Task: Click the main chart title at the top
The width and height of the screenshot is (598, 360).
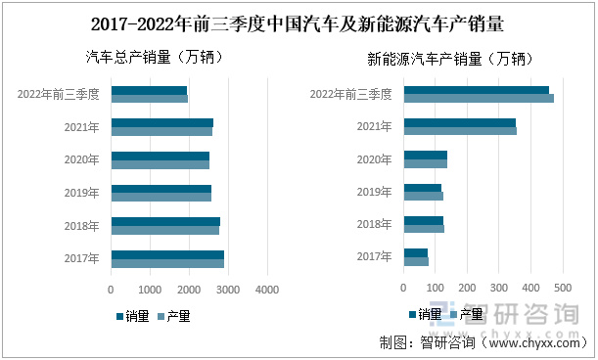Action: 299,22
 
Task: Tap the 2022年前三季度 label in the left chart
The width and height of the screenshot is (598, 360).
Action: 59,94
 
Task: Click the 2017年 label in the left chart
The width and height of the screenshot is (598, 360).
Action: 81,259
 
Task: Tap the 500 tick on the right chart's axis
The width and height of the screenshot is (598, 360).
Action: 563,289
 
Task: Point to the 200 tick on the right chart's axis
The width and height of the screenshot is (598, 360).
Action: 467,289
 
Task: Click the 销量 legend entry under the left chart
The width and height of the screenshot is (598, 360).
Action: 132,316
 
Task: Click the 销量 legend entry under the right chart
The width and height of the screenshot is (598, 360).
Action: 424,314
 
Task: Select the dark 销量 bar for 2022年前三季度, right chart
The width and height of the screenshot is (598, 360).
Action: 477,90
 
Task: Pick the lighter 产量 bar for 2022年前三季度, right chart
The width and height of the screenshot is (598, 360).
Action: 479,98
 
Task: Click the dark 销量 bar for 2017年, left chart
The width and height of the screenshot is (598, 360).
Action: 167,255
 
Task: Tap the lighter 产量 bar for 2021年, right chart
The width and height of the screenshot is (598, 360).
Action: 460,131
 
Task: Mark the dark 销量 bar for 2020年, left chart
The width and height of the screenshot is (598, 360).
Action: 161,156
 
